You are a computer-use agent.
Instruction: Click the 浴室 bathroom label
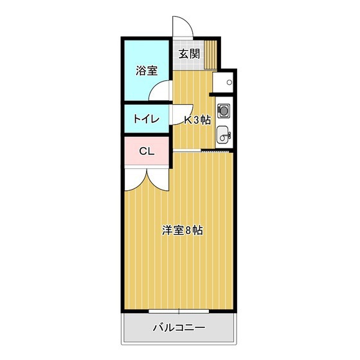click(147, 71)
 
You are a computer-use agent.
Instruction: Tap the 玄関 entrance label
click(189, 54)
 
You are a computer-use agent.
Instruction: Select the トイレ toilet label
click(147, 119)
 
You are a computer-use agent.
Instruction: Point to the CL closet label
click(147, 151)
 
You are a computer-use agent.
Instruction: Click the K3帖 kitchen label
click(198, 120)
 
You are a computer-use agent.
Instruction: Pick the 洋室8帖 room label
click(183, 230)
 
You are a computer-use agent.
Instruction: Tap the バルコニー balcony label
click(179, 328)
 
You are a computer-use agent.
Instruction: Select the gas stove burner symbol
click(224, 111)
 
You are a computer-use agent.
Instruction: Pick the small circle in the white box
click(229, 82)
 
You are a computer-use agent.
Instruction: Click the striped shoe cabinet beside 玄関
click(211, 55)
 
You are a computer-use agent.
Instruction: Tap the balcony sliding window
click(179, 311)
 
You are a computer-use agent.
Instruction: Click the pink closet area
click(147, 151)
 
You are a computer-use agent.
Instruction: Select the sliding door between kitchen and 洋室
click(201, 151)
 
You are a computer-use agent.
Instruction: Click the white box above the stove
click(222, 82)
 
